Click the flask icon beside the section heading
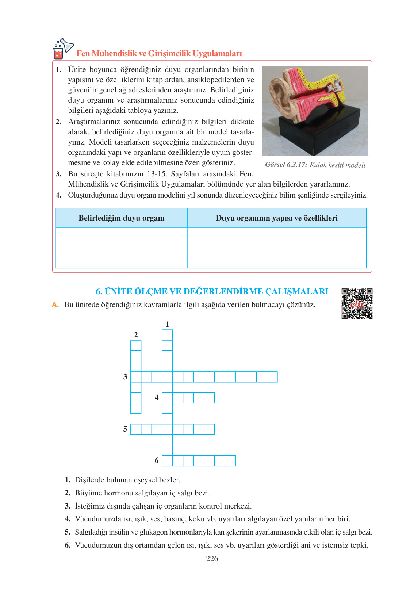[x=62, y=49]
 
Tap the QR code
[x=357, y=303]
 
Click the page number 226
[x=212, y=558]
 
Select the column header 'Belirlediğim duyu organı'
[x=121, y=218]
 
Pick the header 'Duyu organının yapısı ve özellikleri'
[x=276, y=218]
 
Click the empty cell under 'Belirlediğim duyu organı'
[x=121, y=248]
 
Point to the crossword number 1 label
[x=167, y=324]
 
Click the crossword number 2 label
[x=136, y=334]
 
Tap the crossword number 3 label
[x=125, y=376]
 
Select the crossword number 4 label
[x=157, y=397]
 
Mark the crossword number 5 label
[x=125, y=429]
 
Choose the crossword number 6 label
[x=157, y=460]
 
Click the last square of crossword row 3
[x=272, y=377]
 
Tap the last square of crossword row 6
[x=230, y=461]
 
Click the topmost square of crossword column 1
[x=167, y=335]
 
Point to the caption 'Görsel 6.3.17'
[x=286, y=165]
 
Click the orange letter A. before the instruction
[x=55, y=304]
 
